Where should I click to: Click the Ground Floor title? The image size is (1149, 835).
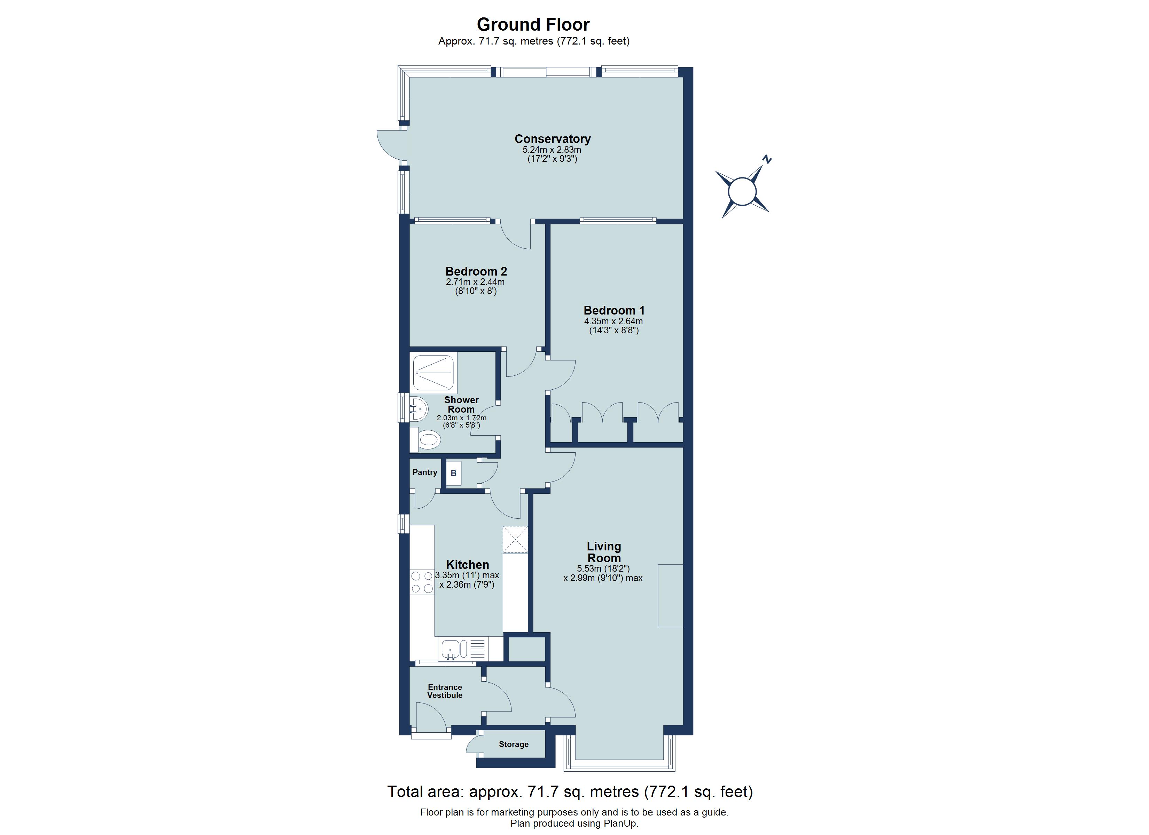[x=533, y=24]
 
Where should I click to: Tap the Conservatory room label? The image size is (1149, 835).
[x=552, y=139]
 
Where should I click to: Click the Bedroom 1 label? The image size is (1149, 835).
[x=613, y=310]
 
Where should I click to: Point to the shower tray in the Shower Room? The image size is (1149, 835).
[x=433, y=373]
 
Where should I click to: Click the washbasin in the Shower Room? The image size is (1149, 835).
[x=419, y=408]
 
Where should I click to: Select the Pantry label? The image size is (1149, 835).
[x=424, y=472]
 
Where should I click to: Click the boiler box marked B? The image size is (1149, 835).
[x=453, y=473]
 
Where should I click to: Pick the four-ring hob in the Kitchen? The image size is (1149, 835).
[x=422, y=582]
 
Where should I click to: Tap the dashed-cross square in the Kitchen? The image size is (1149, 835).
[x=515, y=540]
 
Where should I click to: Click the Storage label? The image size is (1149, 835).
[x=513, y=744]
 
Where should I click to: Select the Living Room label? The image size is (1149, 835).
[x=603, y=552]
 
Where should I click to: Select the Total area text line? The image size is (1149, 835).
[x=569, y=792]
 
